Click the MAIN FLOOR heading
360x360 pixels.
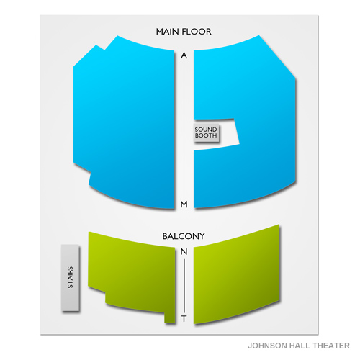[184, 32]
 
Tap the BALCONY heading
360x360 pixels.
[184, 236]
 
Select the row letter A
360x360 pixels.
[184, 55]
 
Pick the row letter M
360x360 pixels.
[184, 204]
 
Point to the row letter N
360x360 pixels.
[184, 251]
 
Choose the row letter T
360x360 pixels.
[184, 319]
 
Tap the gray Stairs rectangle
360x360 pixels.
[71, 278]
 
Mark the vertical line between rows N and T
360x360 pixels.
[184, 285]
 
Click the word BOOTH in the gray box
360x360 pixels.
[206, 135]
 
